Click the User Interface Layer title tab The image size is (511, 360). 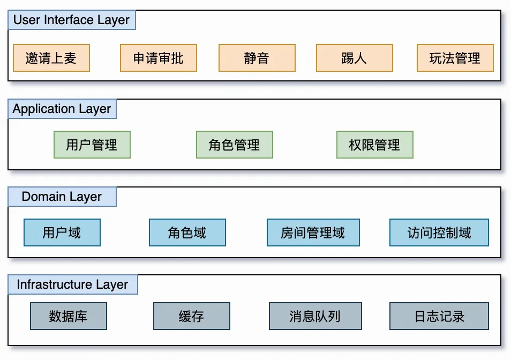(72, 20)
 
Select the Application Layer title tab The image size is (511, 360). (62, 109)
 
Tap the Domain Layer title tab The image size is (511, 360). (62, 197)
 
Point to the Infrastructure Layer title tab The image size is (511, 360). (73, 284)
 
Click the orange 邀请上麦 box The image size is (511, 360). (51, 58)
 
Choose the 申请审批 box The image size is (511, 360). (159, 58)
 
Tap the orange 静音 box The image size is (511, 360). (257, 58)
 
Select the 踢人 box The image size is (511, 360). (355, 58)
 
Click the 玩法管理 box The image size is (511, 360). (455, 58)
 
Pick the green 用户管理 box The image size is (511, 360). (92, 145)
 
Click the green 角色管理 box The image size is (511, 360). (235, 145)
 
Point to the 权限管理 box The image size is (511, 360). (375, 145)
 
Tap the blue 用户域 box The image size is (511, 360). (62, 232)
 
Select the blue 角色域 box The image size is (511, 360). (187, 232)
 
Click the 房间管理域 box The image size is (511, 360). (313, 232)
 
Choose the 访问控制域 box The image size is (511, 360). (439, 232)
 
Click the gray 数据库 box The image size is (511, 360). (69, 316)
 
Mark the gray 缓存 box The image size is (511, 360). (192, 316)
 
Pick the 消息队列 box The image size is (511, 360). (315, 316)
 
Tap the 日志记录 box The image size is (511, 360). (439, 316)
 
